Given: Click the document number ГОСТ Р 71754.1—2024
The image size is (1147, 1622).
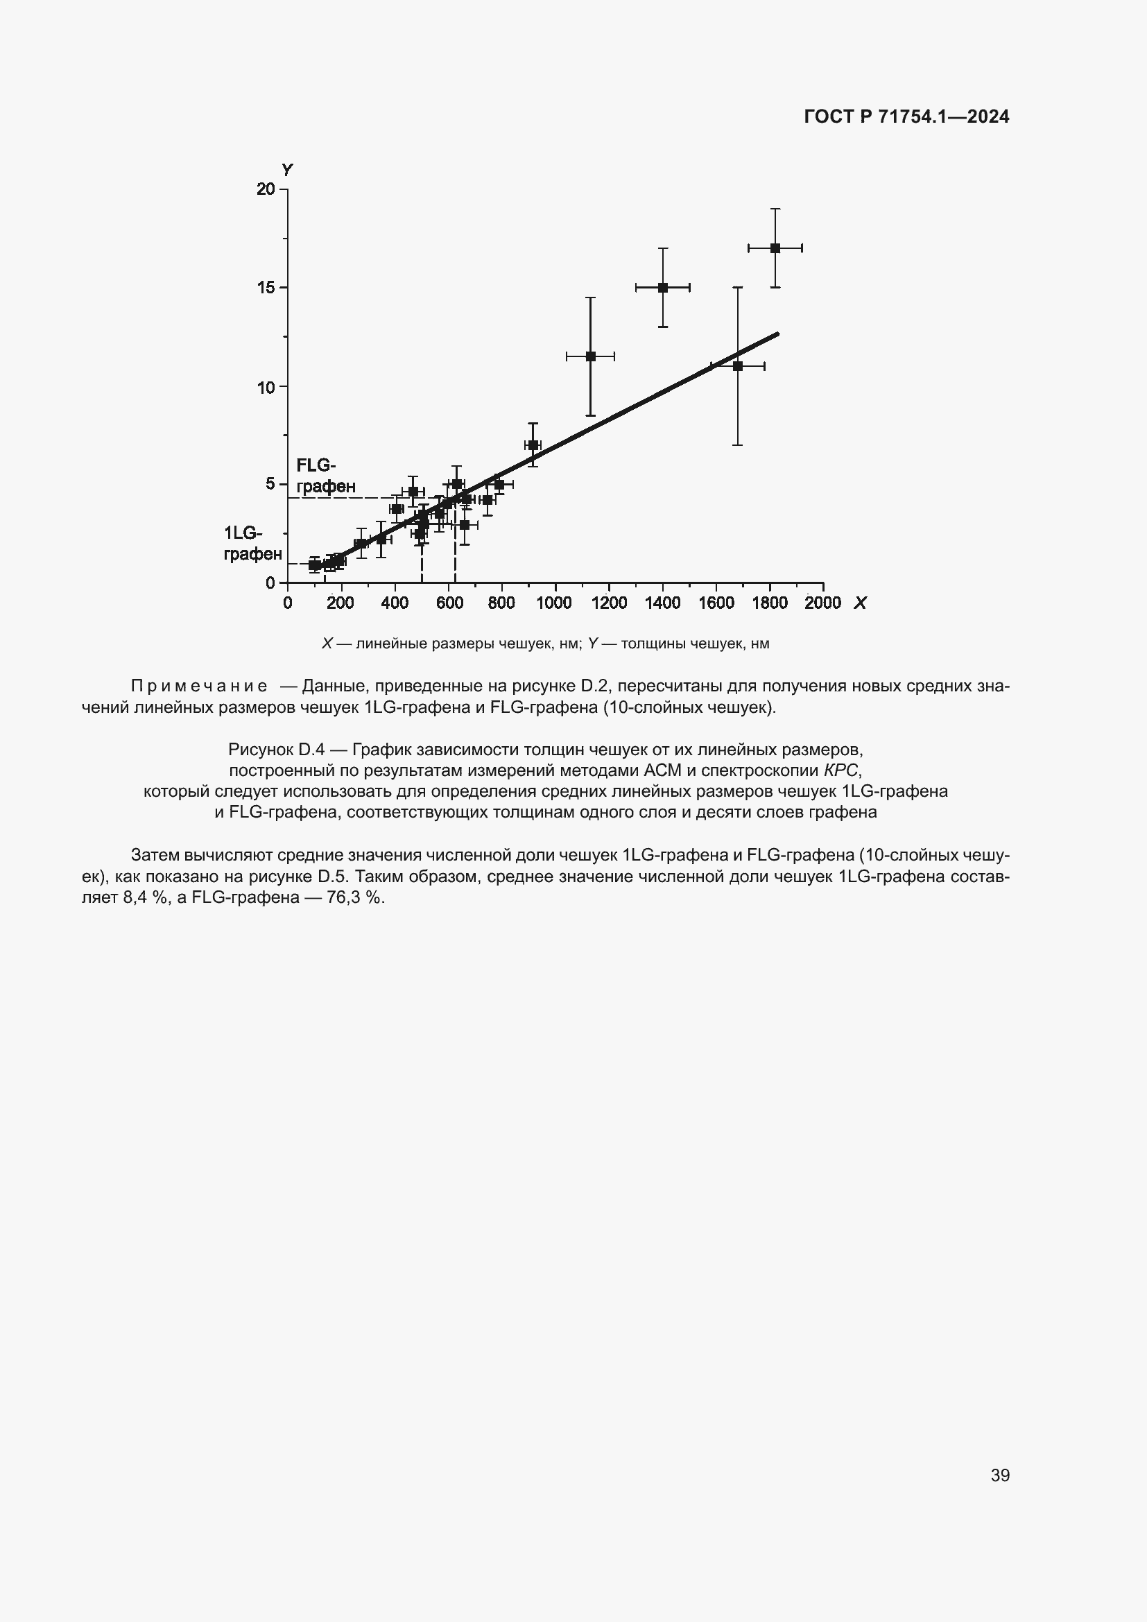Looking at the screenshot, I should click(x=906, y=117).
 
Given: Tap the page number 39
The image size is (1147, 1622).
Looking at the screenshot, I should click(x=999, y=1475).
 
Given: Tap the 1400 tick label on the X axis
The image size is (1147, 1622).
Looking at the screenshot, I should click(x=662, y=603).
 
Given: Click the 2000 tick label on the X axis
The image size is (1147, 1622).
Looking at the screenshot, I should click(x=823, y=603).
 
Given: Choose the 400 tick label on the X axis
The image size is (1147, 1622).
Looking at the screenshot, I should click(x=394, y=603).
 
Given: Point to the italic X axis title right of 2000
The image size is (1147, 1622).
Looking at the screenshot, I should click(x=859, y=603).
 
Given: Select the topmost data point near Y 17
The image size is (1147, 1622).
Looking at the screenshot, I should click(x=775, y=248).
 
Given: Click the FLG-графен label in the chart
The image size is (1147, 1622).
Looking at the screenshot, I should click(x=325, y=476).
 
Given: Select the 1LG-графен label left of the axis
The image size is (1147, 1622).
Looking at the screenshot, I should click(x=252, y=543).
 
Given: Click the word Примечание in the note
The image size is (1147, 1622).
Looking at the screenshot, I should click(x=199, y=686).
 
